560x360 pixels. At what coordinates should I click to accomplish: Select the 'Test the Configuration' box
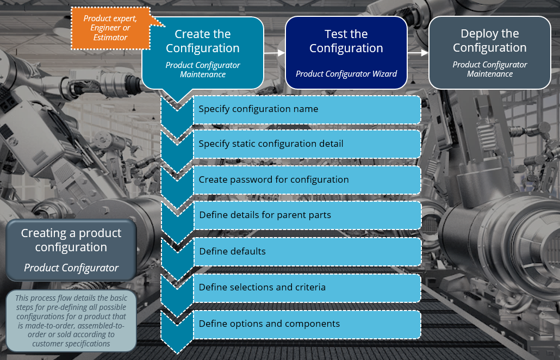(346, 52)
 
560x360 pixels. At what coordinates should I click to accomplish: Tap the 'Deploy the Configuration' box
(489, 52)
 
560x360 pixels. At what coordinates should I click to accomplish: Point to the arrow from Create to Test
(275, 53)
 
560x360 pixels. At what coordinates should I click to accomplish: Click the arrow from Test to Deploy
(418, 53)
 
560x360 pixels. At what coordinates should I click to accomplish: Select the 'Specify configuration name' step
(307, 109)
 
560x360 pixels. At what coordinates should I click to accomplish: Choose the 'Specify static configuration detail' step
(307, 144)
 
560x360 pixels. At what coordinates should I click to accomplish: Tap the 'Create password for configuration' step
(307, 179)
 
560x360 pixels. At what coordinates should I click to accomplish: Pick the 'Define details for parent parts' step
(307, 215)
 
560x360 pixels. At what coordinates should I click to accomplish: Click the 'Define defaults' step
(307, 251)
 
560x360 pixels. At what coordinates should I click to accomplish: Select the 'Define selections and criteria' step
(307, 287)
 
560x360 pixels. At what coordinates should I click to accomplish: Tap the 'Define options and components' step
(307, 324)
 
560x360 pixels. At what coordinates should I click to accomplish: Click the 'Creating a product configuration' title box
(71, 250)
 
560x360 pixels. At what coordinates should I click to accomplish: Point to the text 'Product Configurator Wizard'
(346, 74)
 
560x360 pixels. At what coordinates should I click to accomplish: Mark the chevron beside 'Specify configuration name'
(177, 111)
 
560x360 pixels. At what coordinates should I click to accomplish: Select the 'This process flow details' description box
(71, 321)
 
